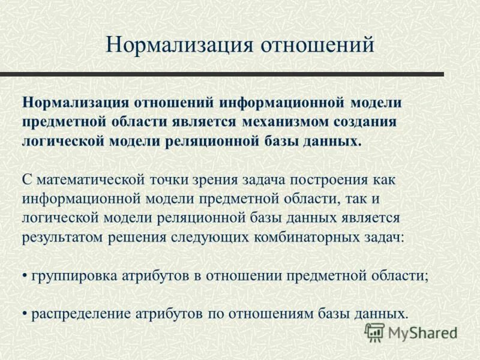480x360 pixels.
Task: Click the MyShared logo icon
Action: tap(374, 332)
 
